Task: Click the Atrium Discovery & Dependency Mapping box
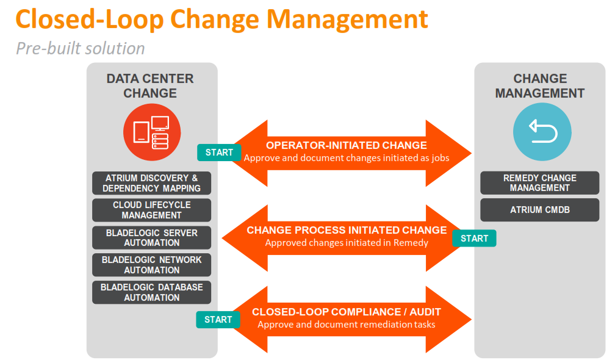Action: tap(151, 183)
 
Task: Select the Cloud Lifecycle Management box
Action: tap(151, 210)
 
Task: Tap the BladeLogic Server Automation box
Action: tap(151, 237)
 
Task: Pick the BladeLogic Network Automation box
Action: tap(151, 264)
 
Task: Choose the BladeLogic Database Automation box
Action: tap(151, 292)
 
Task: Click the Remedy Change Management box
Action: tap(539, 183)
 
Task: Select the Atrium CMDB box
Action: tap(539, 210)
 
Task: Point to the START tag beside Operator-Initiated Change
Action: tap(219, 153)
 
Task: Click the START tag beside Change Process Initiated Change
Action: tap(474, 239)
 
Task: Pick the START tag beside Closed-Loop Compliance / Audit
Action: tap(218, 320)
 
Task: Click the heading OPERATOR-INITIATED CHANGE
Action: tap(347, 145)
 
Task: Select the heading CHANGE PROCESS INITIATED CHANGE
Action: tap(347, 230)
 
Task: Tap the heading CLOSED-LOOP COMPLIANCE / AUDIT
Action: tap(347, 312)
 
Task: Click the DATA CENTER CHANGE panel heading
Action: tap(150, 85)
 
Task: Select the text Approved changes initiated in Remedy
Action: tap(347, 243)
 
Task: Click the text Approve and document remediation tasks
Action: tap(347, 325)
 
